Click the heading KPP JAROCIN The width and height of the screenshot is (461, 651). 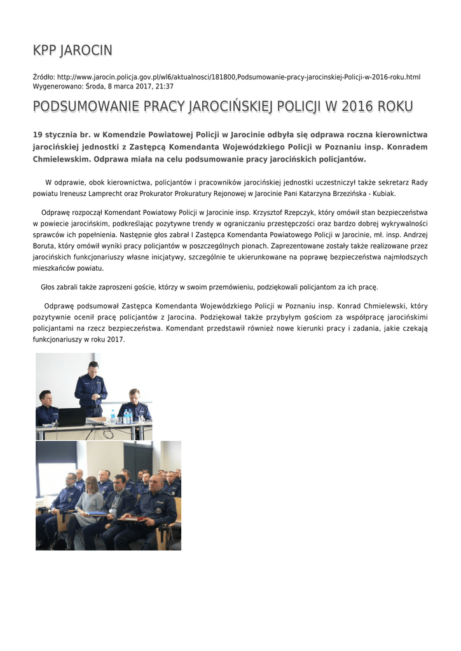(x=72, y=50)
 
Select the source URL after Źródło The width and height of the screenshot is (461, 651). (x=238, y=77)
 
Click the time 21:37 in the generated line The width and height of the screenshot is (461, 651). (x=164, y=86)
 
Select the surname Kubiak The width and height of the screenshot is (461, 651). (x=383, y=193)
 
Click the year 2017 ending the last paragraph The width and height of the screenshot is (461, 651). (x=115, y=339)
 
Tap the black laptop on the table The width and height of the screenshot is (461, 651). (x=71, y=417)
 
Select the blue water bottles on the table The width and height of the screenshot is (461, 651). (x=127, y=416)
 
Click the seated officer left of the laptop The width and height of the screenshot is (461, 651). (x=46, y=408)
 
